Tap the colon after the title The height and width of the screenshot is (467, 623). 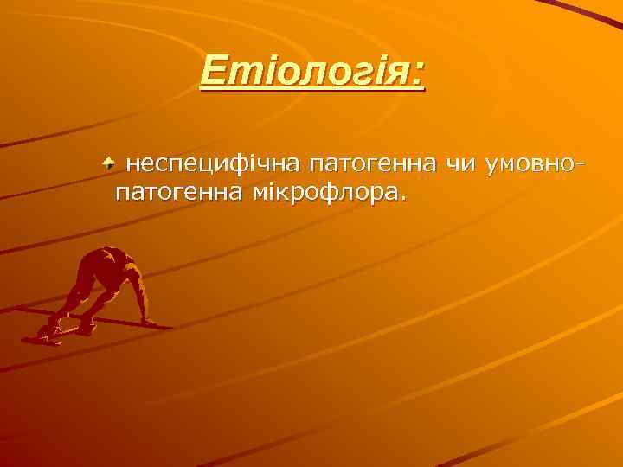tap(419, 73)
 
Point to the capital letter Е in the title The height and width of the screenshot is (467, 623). tap(213, 71)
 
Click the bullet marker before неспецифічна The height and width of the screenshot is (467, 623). tap(107, 162)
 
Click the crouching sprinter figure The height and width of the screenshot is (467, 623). tap(100, 290)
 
